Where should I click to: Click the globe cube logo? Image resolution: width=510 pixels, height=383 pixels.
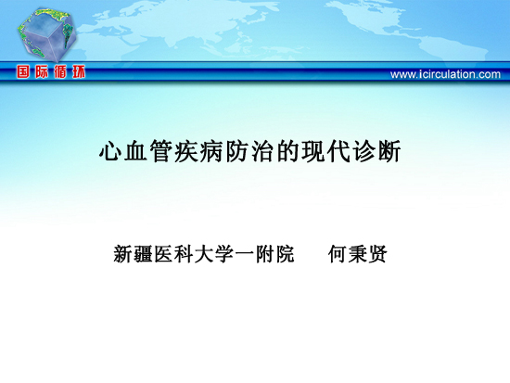tap(47, 34)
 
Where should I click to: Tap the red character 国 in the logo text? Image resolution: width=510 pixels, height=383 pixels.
tap(23, 71)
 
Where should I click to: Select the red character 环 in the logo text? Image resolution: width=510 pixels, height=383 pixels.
tap(79, 71)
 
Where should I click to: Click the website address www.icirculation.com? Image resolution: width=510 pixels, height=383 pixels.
tap(445, 74)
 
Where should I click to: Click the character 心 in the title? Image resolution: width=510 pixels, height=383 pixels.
tap(111, 151)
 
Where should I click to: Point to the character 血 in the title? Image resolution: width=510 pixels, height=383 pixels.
tap(136, 151)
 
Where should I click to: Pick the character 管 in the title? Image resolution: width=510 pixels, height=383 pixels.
tap(161, 151)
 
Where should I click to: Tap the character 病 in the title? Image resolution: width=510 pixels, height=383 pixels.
tap(212, 151)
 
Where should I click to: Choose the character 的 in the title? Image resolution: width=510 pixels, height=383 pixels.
tap(287, 151)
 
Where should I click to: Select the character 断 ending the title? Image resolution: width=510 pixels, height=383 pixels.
tap(389, 151)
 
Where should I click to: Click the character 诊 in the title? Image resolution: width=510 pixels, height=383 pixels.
tap(363, 151)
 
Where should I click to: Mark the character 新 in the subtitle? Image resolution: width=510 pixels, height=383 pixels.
tap(123, 254)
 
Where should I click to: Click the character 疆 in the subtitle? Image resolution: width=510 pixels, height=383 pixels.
tap(144, 254)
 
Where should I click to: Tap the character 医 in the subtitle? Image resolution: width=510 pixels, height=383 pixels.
tap(163, 254)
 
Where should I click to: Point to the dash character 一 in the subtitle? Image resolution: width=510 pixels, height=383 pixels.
tap(245, 254)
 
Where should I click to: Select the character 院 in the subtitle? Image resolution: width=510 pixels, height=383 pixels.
tap(286, 254)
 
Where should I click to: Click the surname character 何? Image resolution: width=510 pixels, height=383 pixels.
tap(338, 254)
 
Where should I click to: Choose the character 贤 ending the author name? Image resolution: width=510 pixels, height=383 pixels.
tap(378, 254)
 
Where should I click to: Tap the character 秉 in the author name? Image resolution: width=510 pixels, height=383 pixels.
tap(358, 254)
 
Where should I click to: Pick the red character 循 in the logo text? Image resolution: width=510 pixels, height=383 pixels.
tap(60, 71)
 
